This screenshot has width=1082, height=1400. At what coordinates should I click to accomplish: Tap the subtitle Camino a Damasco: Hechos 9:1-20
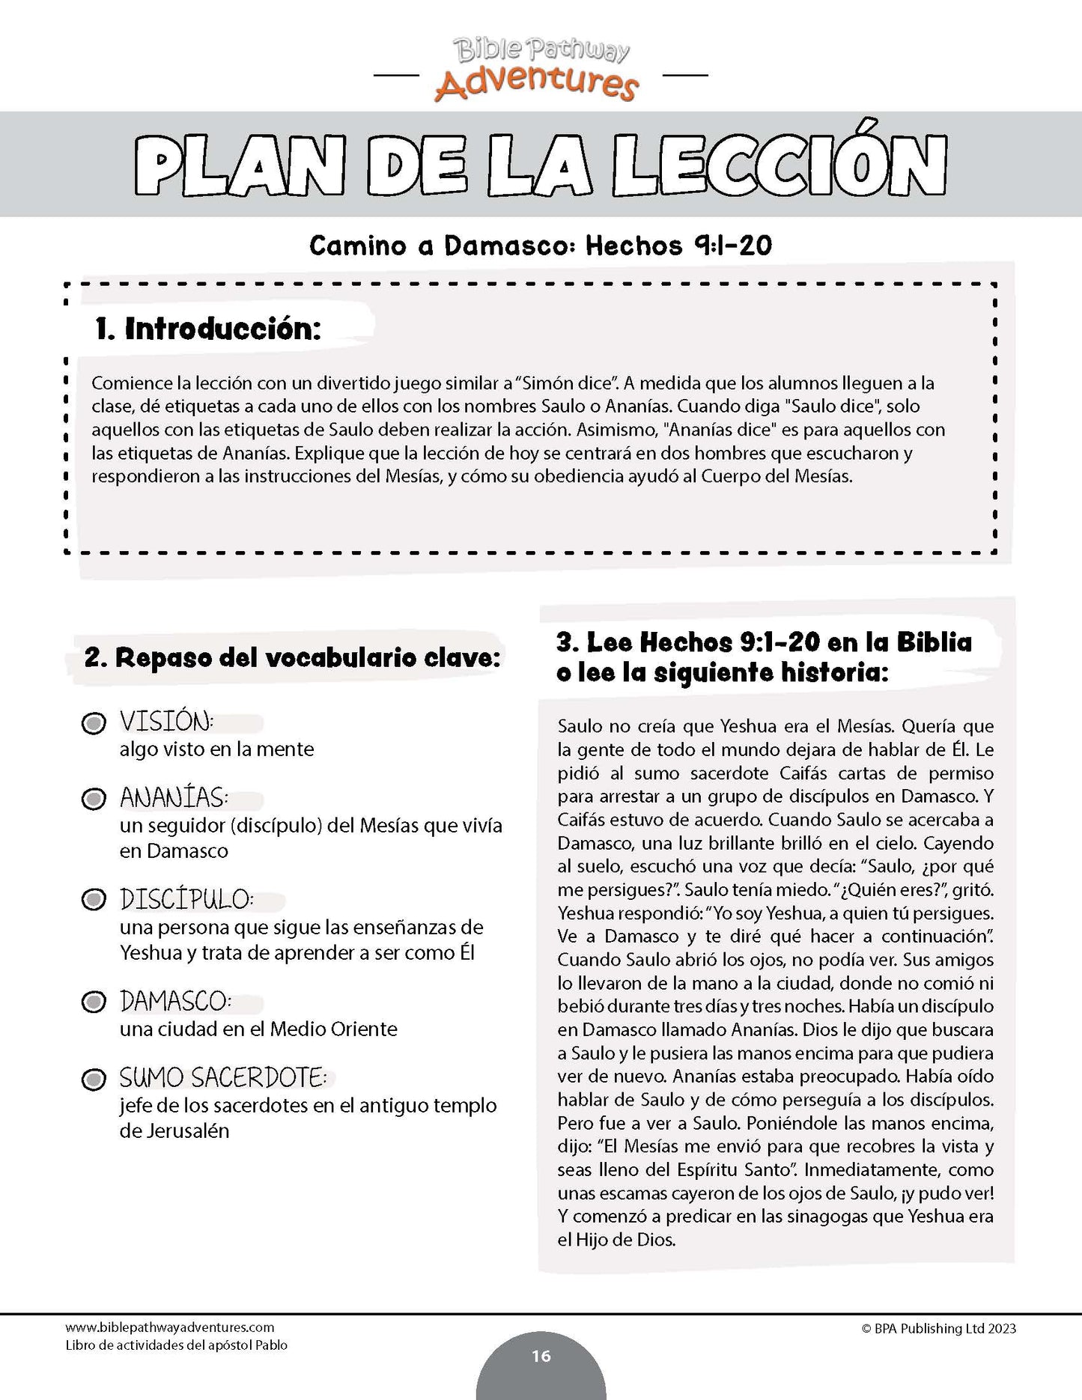541,246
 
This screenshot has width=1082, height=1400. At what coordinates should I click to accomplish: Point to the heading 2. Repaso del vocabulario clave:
292,657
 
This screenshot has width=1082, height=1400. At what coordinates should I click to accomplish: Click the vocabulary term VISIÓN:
167,722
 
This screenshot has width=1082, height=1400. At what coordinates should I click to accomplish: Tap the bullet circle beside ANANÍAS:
93,799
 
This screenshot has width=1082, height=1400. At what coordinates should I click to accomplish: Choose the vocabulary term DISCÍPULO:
187,899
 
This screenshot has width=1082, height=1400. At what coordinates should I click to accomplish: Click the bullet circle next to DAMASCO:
93,1002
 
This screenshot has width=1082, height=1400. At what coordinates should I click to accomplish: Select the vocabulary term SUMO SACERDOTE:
223,1078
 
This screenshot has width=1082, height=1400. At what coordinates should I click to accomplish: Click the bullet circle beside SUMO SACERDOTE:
93,1079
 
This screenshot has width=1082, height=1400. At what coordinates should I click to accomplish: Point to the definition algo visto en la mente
216,749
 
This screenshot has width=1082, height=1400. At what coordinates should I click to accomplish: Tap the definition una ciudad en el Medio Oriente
258,1029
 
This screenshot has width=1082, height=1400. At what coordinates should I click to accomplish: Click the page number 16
541,1356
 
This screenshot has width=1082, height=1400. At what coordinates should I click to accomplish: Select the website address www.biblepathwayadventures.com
170,1328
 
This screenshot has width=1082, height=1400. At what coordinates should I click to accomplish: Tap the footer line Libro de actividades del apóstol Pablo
177,1345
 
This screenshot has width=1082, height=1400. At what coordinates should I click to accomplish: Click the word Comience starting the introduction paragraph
130,383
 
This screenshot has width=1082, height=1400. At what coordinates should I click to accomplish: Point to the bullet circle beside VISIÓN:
93,724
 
